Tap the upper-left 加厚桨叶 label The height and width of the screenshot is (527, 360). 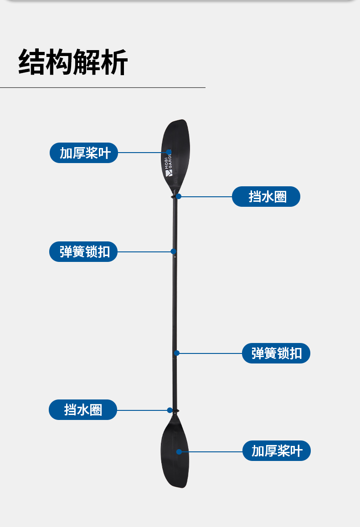click(84, 153)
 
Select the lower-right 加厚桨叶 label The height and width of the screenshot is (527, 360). click(277, 451)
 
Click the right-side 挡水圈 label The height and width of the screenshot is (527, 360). click(266, 197)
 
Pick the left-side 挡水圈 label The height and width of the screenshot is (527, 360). click(83, 409)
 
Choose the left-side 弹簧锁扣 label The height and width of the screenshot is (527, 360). click(83, 251)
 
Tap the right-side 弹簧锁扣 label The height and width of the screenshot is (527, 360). click(276, 353)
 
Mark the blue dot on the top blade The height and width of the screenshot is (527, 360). click(169, 152)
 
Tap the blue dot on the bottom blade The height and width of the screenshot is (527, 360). click(179, 452)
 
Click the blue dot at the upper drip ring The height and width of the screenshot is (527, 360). click(179, 196)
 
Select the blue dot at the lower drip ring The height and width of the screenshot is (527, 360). click(170, 410)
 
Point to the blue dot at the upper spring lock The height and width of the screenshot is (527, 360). click(173, 251)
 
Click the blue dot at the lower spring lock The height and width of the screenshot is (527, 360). click(177, 353)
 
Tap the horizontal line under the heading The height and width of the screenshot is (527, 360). click(103, 87)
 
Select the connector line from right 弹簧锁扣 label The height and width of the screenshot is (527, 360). click(210, 353)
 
